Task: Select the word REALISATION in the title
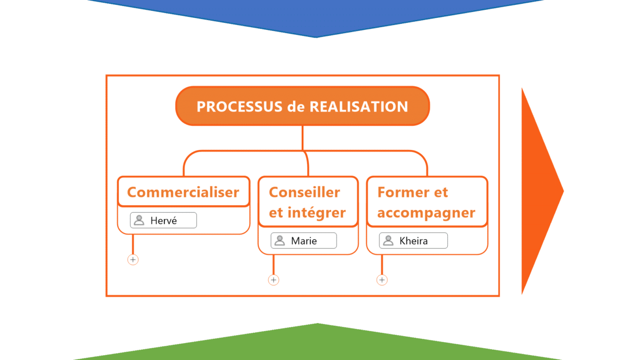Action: click(x=359, y=106)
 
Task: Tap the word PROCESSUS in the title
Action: click(x=239, y=106)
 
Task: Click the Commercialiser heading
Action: click(x=183, y=192)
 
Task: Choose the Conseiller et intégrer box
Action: click(x=308, y=202)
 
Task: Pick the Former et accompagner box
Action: click(x=427, y=202)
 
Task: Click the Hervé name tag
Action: click(x=163, y=220)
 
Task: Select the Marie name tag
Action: click(x=304, y=241)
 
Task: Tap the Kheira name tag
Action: click(x=414, y=241)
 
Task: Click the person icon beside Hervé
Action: click(x=139, y=220)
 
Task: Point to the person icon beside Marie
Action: click(x=280, y=241)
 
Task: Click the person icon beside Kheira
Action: click(x=388, y=241)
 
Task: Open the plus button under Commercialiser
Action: click(x=133, y=260)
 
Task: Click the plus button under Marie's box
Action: click(x=274, y=280)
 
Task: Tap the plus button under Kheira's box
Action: click(x=382, y=280)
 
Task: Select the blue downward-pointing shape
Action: click(x=316, y=16)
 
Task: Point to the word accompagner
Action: click(x=427, y=213)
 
